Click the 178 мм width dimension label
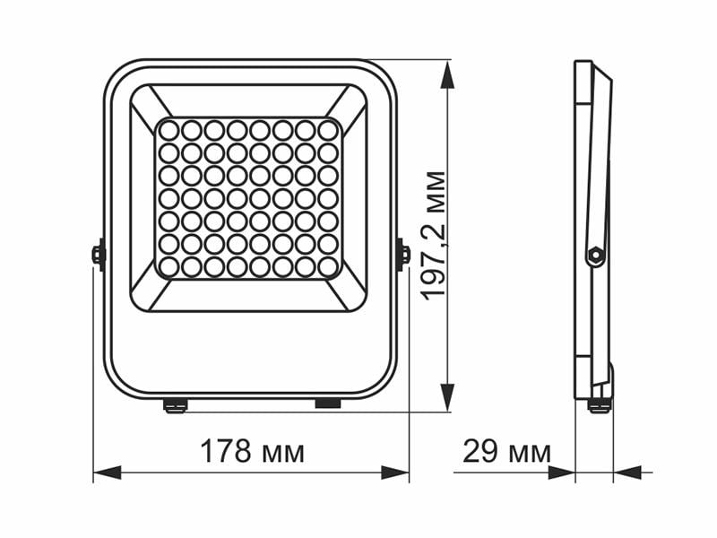coord(251,452)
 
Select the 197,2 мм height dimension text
coord(434,235)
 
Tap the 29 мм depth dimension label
coord(506,452)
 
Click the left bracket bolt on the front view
coord(99,254)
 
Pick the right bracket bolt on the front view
coord(403,254)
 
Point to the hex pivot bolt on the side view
coord(592,255)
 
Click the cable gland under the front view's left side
coord(176,406)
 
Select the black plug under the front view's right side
coord(328,404)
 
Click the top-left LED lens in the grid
coord(168,131)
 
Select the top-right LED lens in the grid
coord(328,131)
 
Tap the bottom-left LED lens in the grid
coord(168,266)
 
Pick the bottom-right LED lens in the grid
coord(328,266)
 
